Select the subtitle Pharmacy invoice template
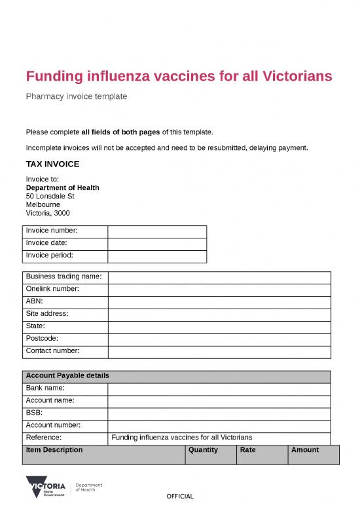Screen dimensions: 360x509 76,96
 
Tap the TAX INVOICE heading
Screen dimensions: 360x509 52,164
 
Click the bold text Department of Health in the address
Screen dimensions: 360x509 62,187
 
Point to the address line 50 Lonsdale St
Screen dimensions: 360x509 50,196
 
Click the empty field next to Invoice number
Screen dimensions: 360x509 157,231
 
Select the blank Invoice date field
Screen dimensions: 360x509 157,244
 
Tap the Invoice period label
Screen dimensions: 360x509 49,255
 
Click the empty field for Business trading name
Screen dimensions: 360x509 219,277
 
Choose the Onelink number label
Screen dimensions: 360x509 52,289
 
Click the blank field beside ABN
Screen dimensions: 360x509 219,301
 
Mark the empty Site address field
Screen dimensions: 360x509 219,314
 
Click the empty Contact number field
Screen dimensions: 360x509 219,351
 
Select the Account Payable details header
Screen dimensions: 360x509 67,376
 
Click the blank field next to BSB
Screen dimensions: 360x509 219,413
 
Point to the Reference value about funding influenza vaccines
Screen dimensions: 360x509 182,438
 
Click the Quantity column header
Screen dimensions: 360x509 204,450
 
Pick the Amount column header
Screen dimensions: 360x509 305,450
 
